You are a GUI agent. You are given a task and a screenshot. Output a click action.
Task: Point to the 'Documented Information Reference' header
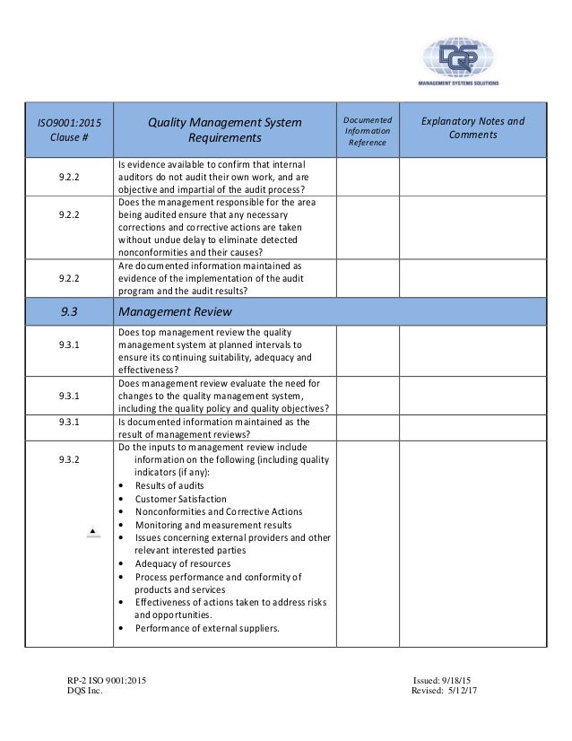[x=367, y=129]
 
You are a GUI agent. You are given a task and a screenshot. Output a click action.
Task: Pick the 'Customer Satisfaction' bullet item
[x=180, y=499]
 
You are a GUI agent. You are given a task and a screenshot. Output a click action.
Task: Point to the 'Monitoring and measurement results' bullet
[x=212, y=524]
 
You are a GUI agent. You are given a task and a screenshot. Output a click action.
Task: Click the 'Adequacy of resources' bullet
[x=179, y=563]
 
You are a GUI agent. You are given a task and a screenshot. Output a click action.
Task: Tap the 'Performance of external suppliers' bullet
[x=207, y=628]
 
